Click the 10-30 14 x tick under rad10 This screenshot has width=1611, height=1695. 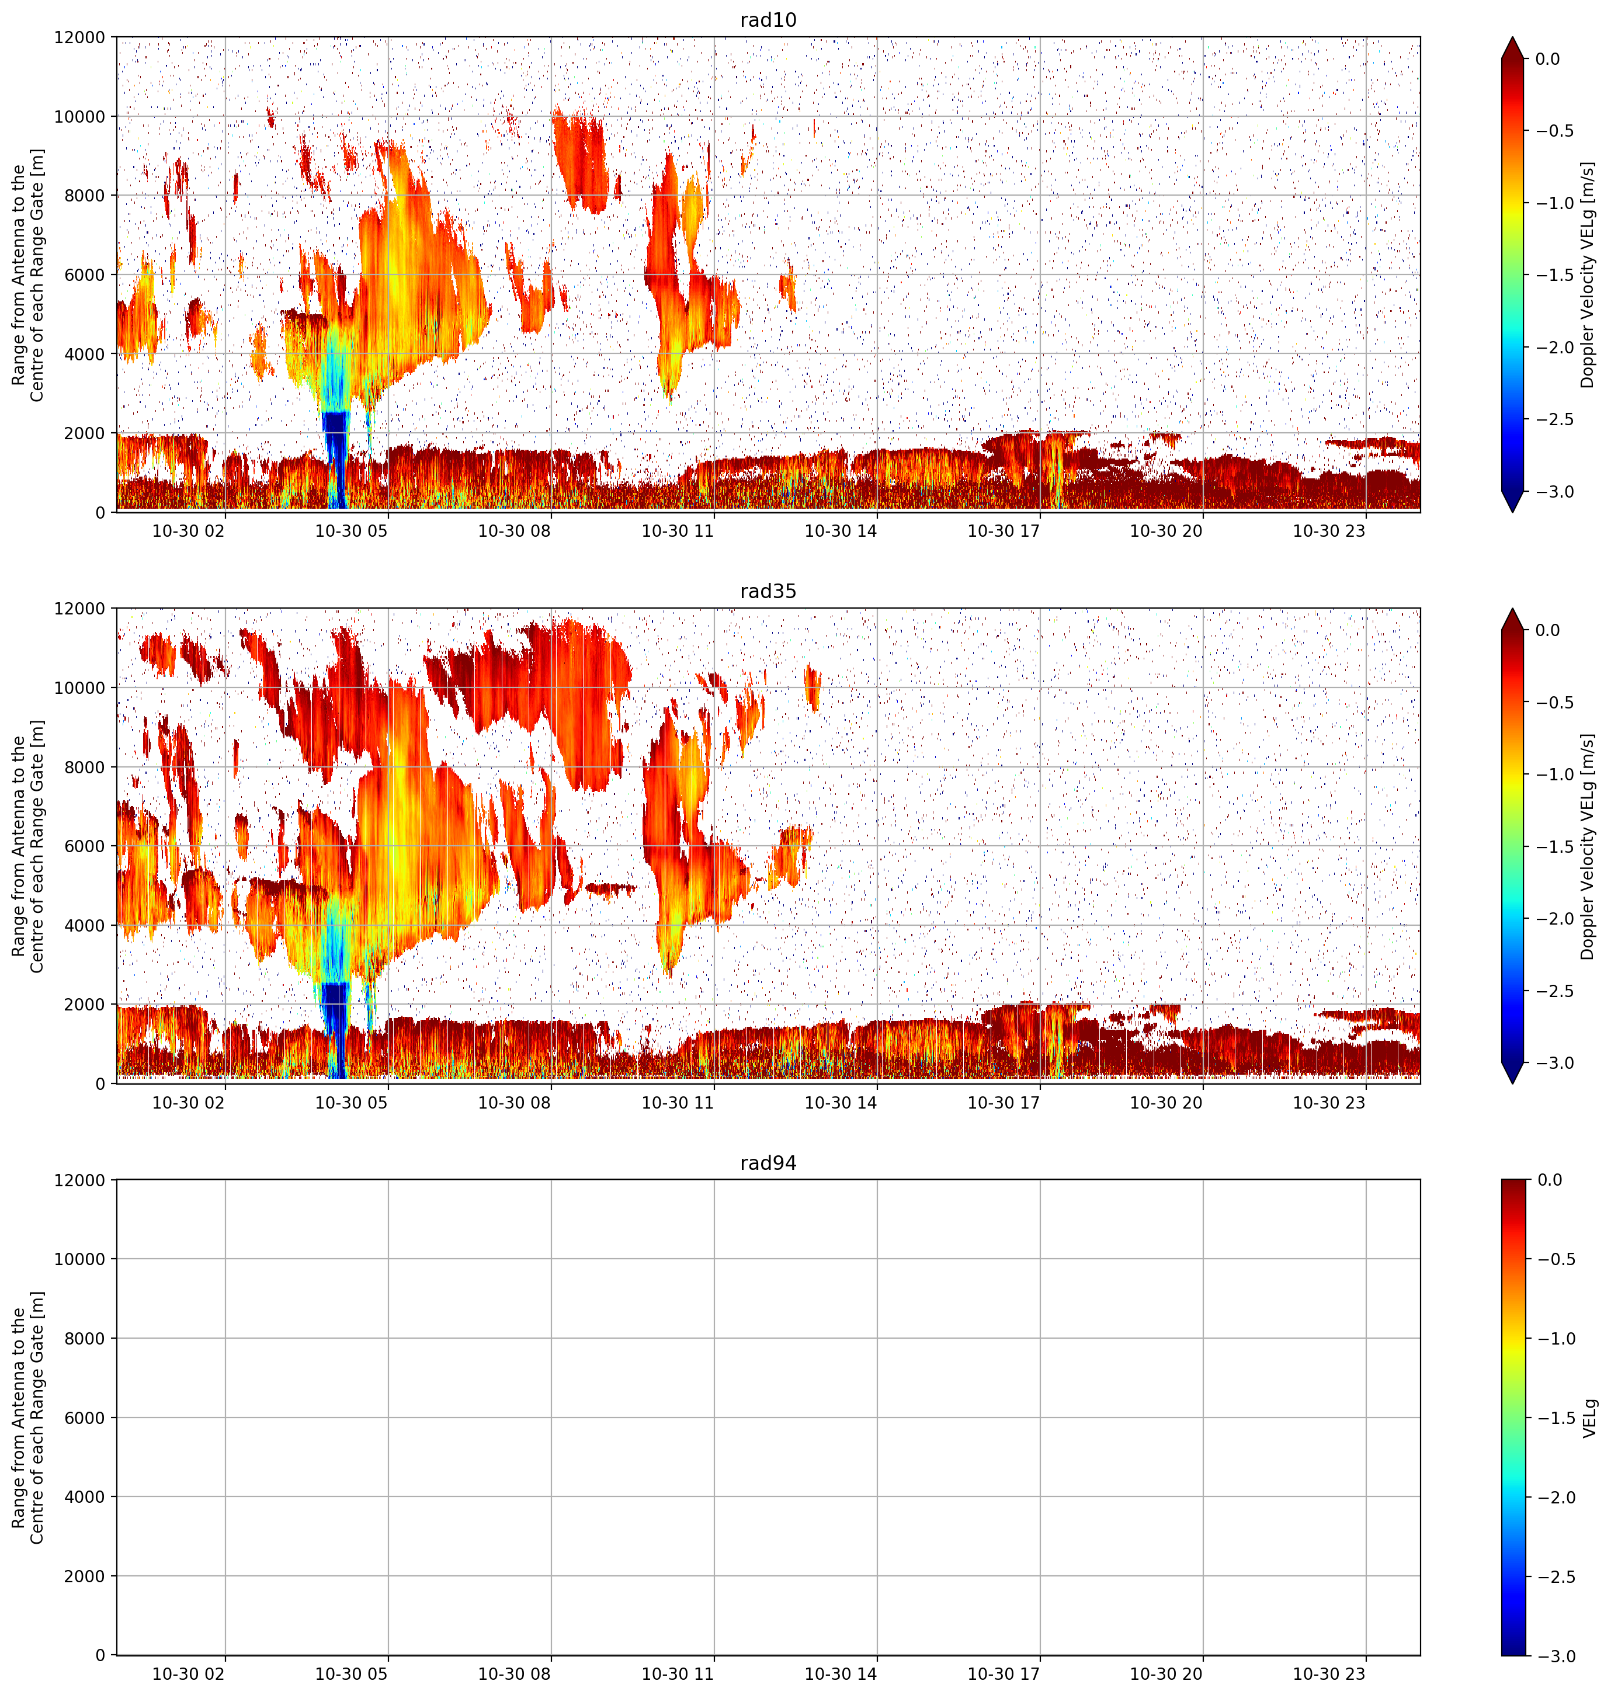pyautogui.click(x=840, y=531)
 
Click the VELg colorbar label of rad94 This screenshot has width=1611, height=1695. pyautogui.click(x=1589, y=1418)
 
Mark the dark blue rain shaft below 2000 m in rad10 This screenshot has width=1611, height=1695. pyautogui.click(x=335, y=460)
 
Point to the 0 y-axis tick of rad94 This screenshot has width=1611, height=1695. pyautogui.click(x=100, y=1655)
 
